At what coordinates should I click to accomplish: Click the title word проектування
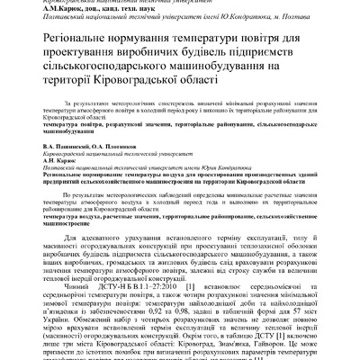(x=76, y=60)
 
